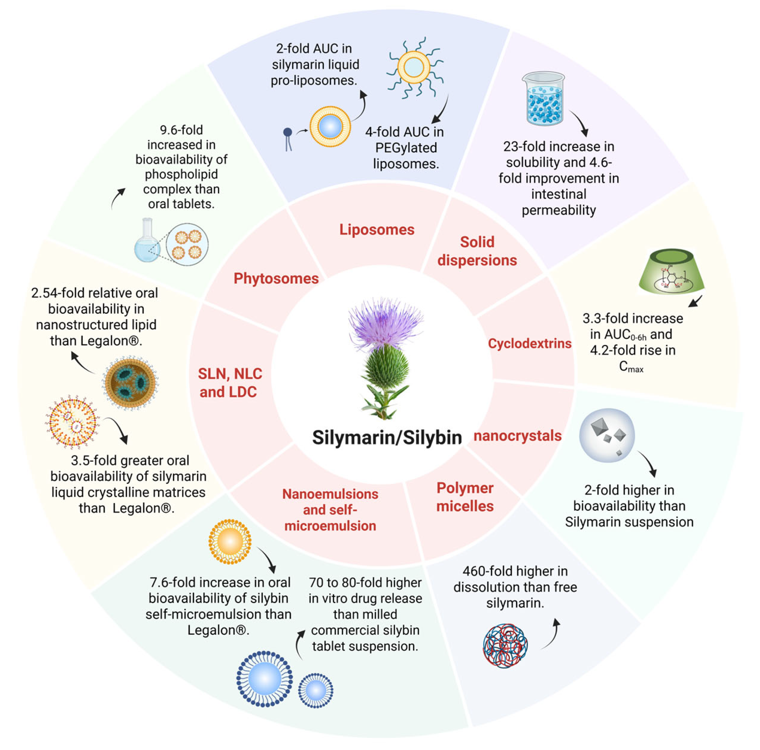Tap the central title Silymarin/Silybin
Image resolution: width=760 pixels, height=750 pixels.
coord(387,438)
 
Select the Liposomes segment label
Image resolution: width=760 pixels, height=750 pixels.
coord(377,230)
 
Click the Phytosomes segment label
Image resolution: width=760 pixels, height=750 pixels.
coord(276,279)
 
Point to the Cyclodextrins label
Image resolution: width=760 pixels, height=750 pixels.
coord(529,344)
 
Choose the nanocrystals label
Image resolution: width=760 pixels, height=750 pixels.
coord(517,436)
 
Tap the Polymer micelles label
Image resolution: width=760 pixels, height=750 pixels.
coord(465,497)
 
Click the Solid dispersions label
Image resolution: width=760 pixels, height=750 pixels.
coord(477,251)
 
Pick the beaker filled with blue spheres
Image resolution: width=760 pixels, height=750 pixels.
coord(544,99)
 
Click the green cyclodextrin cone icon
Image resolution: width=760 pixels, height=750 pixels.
coord(672,271)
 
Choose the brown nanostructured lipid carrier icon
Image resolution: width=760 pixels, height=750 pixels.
coord(130,383)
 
